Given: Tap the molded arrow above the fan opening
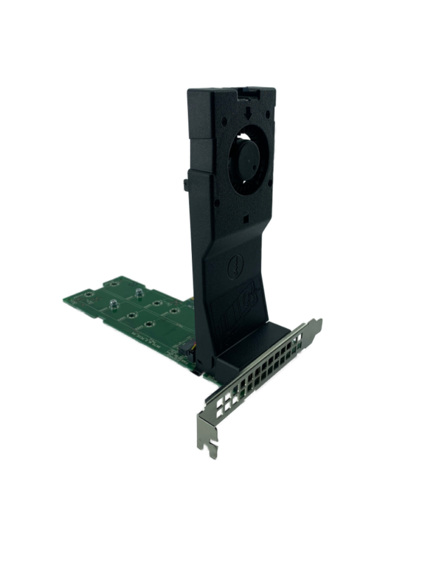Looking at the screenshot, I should click(x=249, y=112).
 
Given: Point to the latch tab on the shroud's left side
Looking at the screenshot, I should click(x=185, y=184).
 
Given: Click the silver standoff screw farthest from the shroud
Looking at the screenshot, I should click(x=112, y=308).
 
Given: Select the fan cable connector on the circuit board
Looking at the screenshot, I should click(x=190, y=348).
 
